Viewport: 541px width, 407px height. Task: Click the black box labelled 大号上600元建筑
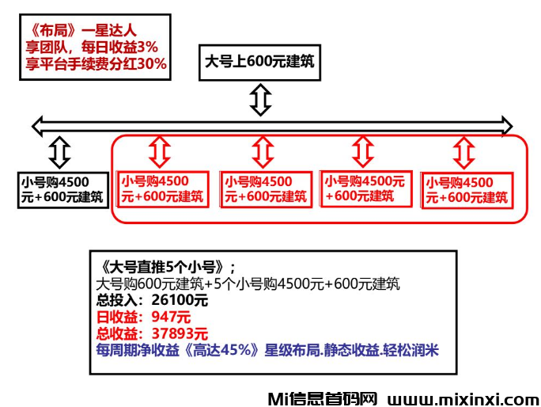click(x=260, y=62)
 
